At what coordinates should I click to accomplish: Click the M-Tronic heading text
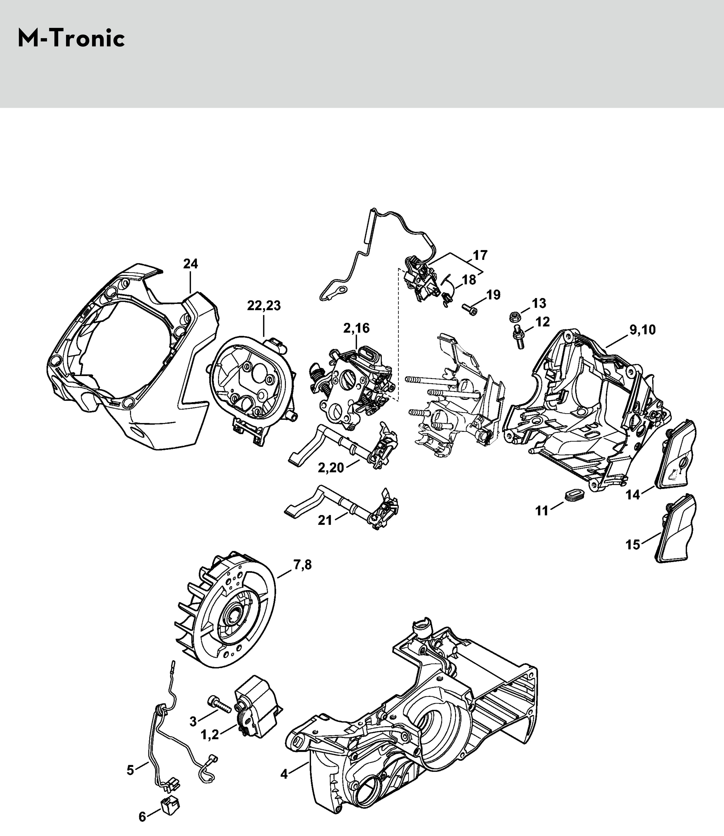point(71,39)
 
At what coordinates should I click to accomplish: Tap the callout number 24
point(191,264)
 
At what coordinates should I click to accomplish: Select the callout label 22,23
point(264,306)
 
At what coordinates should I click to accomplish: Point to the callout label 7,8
point(303,565)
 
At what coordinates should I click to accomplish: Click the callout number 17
point(480,255)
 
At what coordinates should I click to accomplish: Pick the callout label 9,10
point(642,330)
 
